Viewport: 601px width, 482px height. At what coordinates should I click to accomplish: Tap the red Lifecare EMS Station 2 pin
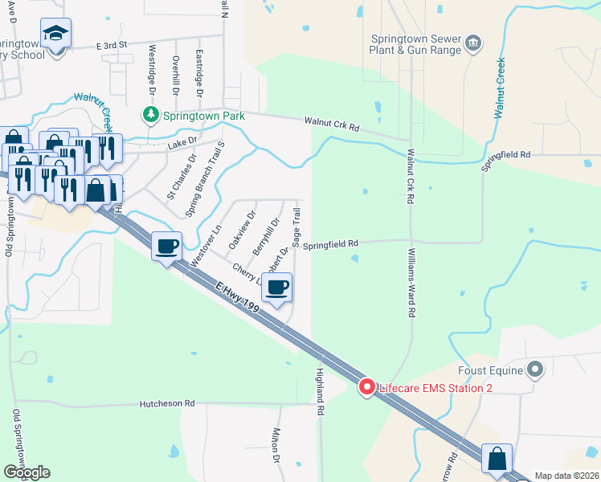coord(367,387)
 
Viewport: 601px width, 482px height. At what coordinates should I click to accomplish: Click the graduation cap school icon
coord(57,34)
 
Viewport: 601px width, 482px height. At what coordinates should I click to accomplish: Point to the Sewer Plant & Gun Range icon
coord(473,42)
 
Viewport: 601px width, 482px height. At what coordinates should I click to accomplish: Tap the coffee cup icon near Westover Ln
coord(166,246)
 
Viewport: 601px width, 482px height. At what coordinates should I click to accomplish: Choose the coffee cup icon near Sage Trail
coord(276,287)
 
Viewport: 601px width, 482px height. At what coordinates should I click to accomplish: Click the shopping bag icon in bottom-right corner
coord(497,459)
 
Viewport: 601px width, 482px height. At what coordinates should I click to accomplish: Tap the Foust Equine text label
coord(490,370)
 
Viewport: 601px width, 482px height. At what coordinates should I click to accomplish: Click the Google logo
coord(27,472)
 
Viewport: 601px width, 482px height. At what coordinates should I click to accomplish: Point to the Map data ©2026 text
coord(566,476)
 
